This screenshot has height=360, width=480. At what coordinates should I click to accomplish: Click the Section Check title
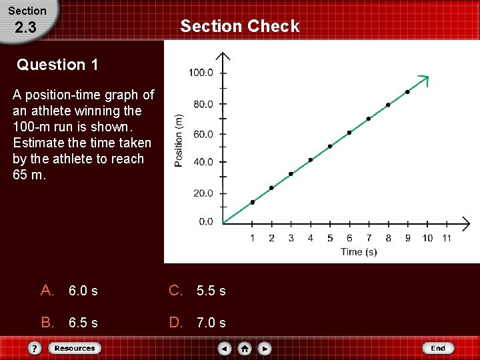[x=240, y=26]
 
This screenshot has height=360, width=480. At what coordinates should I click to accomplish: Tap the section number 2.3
[x=25, y=28]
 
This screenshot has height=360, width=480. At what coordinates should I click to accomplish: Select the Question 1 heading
[x=58, y=65]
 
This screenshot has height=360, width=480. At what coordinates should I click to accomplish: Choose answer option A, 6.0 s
[x=69, y=291]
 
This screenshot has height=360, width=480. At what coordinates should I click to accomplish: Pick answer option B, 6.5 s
[x=69, y=323]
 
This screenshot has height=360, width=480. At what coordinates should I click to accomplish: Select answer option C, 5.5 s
[x=198, y=291]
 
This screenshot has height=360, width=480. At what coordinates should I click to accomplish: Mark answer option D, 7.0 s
[x=198, y=323]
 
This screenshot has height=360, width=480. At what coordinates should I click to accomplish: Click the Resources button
[x=74, y=348]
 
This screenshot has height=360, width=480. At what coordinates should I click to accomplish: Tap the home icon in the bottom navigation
[x=245, y=348]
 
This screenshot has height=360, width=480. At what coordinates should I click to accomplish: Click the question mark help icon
[x=35, y=348]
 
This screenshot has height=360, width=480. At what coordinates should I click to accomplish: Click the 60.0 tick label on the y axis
[x=202, y=134]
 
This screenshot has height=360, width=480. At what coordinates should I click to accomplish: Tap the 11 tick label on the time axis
[x=447, y=238]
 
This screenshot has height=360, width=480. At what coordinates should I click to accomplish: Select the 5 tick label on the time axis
[x=330, y=238]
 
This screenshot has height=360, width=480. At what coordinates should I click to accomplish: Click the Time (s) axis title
[x=359, y=252]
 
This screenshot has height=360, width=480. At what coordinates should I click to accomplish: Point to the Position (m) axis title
[x=179, y=141]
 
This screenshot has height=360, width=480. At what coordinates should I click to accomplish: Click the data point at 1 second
[x=253, y=202]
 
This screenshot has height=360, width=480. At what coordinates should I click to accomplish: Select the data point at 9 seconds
[x=407, y=92]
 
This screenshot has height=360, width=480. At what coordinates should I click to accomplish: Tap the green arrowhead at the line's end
[x=425, y=80]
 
